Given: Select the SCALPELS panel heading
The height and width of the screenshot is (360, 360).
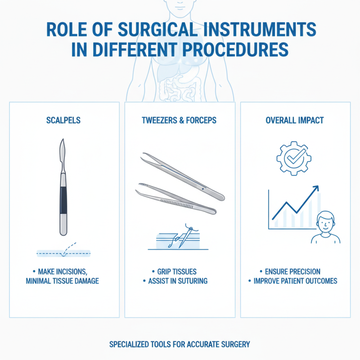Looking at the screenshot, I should tap(63, 121).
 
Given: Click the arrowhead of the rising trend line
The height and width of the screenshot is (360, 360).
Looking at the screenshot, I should tap(315, 188).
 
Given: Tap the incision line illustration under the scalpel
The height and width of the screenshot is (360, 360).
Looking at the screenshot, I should tap(63, 253).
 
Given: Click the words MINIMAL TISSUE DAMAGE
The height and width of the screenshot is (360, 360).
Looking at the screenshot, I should tap(66, 281).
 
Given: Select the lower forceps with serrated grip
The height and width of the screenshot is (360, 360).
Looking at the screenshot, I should tap(175, 198).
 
